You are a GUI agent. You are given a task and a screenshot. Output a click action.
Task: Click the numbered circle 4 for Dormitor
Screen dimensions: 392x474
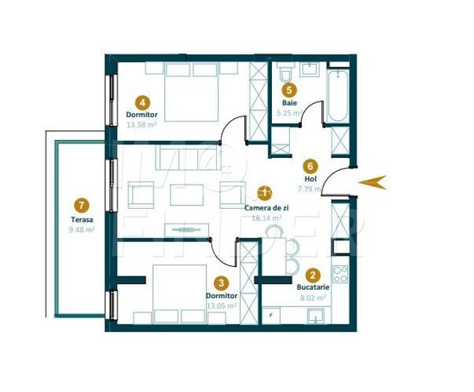coord(142,101)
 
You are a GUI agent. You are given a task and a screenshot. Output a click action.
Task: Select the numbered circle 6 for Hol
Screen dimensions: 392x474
coord(311,166)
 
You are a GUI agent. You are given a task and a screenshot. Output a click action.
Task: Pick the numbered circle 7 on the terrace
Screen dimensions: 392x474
coord(82,205)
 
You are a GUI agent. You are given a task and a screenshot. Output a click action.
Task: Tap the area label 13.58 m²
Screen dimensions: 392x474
coord(142,125)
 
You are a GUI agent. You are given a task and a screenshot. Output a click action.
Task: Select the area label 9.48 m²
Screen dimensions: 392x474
coord(82,229)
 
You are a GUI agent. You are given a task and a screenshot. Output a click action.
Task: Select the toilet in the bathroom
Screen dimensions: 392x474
coord(284,74)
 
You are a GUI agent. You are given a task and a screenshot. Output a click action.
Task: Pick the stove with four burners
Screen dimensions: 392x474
coord(340,274)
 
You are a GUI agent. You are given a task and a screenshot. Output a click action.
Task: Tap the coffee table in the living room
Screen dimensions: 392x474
coord(186,194)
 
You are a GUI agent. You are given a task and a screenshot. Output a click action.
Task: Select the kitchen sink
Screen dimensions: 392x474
coord(317,315)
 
